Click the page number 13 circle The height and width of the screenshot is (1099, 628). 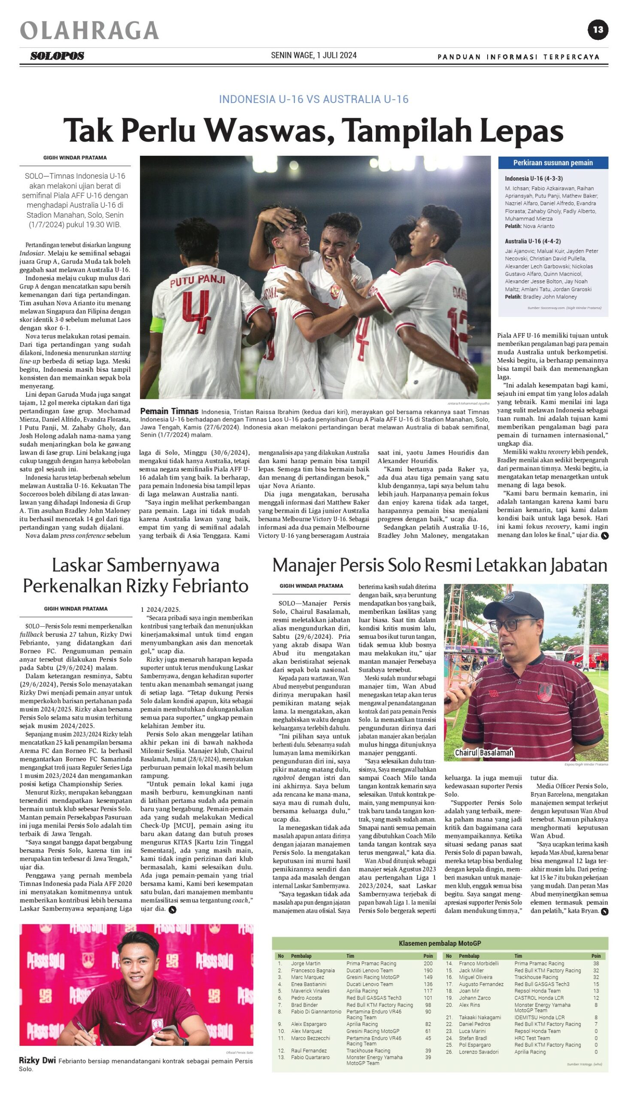598,30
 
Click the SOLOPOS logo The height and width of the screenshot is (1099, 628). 57,56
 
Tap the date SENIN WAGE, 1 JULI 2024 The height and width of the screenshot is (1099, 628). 313,55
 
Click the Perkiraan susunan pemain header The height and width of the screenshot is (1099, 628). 552,163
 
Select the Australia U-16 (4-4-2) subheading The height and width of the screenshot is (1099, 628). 533,241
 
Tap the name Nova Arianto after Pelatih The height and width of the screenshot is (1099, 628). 539,226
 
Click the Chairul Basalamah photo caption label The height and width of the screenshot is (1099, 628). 484,753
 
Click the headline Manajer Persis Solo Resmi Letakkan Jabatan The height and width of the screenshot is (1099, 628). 440,565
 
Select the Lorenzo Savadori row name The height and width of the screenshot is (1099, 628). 478,1052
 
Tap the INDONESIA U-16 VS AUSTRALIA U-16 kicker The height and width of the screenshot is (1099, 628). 313,99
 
